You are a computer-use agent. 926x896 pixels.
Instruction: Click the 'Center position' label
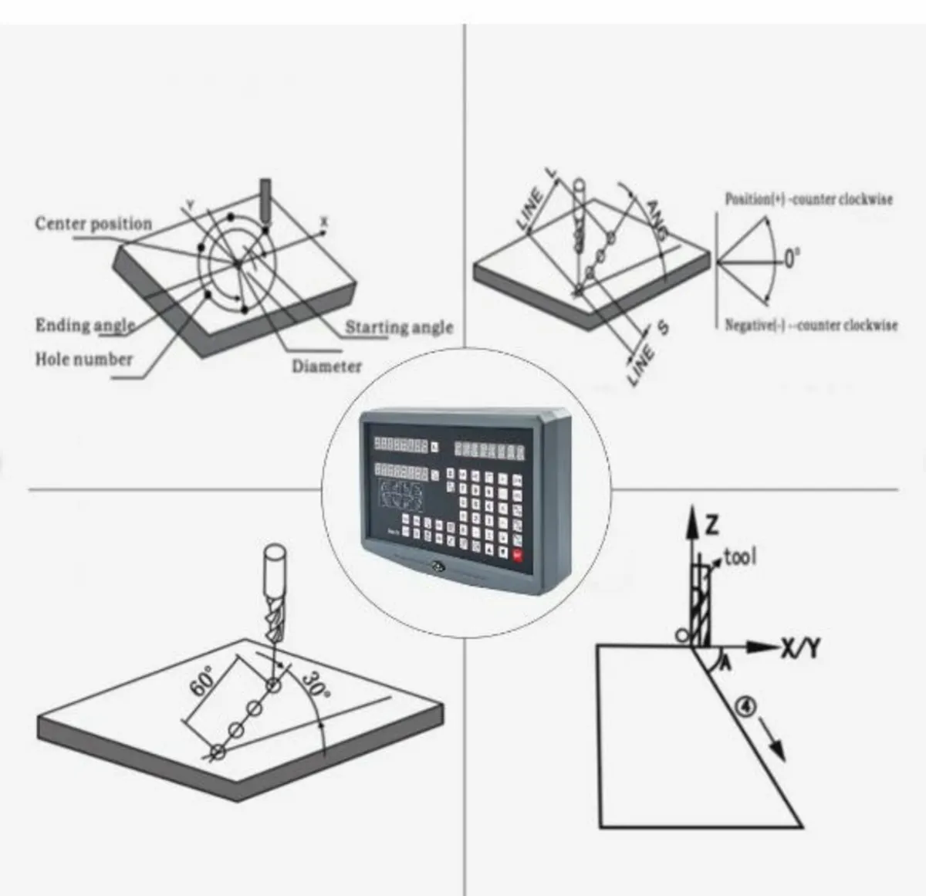tap(93, 224)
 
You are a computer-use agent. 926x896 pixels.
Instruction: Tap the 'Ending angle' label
tap(85, 325)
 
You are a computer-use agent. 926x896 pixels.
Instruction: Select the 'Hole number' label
tap(83, 359)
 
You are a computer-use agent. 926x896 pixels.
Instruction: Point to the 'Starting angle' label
tap(398, 326)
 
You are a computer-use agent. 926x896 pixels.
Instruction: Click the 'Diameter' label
tap(326, 366)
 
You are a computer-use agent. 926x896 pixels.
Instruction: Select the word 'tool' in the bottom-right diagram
tap(740, 556)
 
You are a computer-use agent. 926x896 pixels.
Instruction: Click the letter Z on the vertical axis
tap(711, 526)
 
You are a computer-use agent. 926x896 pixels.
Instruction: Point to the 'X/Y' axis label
tap(799, 650)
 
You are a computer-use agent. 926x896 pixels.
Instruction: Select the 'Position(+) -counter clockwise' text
tap(808, 199)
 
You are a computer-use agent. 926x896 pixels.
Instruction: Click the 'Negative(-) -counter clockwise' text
tap(811, 325)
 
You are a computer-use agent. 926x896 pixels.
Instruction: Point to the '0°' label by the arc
tap(793, 259)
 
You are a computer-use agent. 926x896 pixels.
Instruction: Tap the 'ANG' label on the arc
tap(656, 218)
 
